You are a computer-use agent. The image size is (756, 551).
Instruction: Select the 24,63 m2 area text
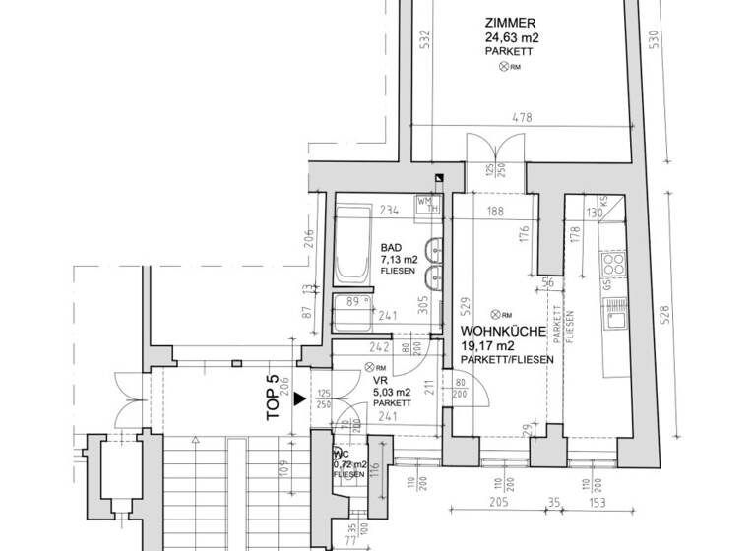point(512,38)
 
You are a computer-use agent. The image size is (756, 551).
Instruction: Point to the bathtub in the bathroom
point(350,242)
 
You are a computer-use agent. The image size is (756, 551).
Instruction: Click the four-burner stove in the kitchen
point(613,262)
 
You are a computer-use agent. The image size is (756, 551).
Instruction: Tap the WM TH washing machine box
point(426,204)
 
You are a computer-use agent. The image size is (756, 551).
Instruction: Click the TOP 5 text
point(275,398)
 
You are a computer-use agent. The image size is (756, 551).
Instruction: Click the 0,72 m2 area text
point(350,464)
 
